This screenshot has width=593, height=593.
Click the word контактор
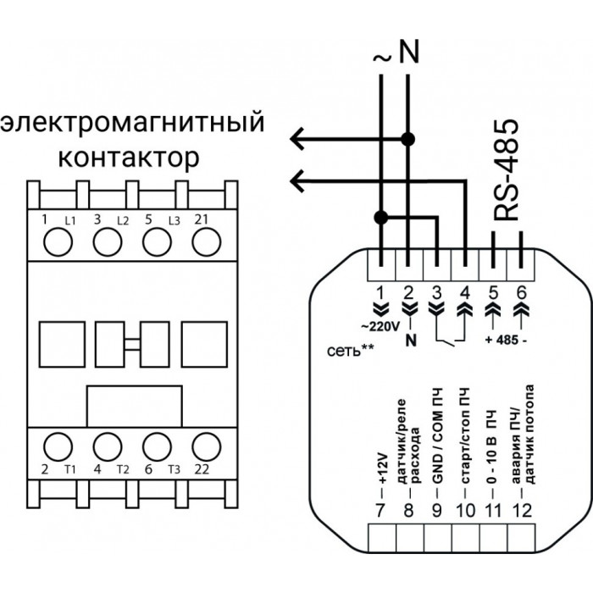tap(129, 158)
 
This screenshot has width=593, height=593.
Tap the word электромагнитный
tap(132, 123)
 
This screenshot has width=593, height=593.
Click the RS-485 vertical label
tap(506, 169)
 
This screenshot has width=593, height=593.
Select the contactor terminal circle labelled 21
tap(206, 242)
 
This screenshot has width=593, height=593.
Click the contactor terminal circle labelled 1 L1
tap(58, 242)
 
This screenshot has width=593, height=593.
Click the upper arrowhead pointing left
tap(297, 139)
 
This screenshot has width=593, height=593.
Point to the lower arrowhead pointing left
tap(297, 181)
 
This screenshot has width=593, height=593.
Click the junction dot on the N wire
tap(407, 139)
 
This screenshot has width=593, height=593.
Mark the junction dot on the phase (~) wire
tap(381, 218)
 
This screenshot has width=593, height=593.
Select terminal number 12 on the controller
tap(522, 510)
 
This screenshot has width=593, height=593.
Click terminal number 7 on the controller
tap(380, 510)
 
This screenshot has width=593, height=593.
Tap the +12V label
tap(382, 468)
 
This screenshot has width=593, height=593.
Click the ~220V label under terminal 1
tap(380, 327)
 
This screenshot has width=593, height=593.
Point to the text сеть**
tap(350, 351)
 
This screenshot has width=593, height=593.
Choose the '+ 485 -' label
tap(506, 340)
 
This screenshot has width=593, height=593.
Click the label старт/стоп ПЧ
tap(465, 435)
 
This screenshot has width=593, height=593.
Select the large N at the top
tap(409, 52)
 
